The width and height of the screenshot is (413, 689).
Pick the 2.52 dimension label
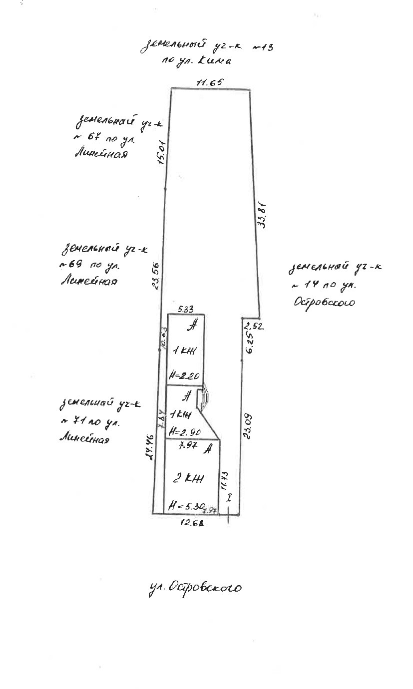click(x=253, y=327)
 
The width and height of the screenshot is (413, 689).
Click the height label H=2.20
click(x=181, y=376)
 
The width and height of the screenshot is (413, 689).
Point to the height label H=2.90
click(x=182, y=430)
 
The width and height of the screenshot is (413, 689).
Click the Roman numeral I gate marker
click(x=229, y=497)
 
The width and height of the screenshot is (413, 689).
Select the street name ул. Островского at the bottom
click(x=195, y=588)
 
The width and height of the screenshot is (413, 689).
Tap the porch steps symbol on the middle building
click(x=203, y=398)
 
